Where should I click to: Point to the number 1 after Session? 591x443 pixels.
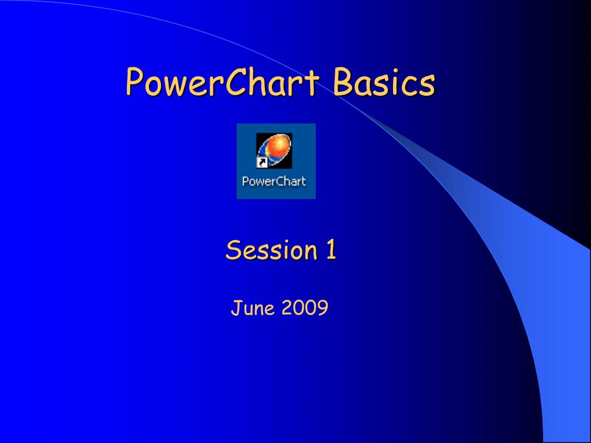pos(331,250)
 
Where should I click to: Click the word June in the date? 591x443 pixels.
pos(252,309)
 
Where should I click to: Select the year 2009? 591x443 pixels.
pos(305,309)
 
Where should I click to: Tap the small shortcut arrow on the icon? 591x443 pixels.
pos(261,163)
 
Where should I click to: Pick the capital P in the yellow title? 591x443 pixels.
pos(134,82)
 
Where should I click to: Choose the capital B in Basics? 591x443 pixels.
pos(342,82)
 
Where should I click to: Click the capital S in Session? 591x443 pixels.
pos(233,250)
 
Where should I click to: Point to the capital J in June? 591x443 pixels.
pos(235,309)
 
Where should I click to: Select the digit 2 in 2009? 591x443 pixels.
pos(287,309)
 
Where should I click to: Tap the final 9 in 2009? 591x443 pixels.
pos(323,309)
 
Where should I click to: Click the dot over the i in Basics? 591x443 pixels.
pos(394,72)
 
